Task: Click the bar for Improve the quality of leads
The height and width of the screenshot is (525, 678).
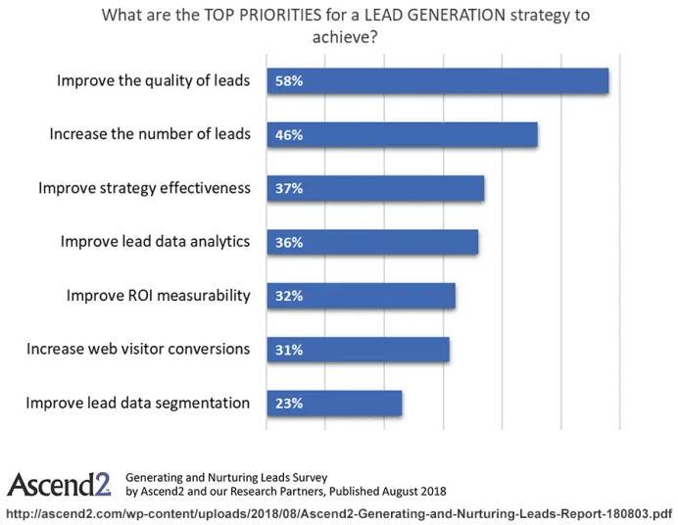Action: [x=437, y=81]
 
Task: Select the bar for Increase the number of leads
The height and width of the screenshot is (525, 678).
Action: [x=402, y=135]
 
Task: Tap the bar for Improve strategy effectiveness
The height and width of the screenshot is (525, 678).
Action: [x=375, y=188]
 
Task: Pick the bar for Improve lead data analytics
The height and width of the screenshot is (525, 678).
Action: [x=372, y=242]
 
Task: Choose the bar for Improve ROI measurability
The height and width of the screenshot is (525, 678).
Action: [x=361, y=296]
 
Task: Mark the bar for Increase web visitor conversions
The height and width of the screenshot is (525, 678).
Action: [x=358, y=349]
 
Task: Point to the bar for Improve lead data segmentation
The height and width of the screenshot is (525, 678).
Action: [x=334, y=403]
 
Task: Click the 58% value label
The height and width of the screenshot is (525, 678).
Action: [x=289, y=81]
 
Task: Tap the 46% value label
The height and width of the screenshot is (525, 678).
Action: [x=289, y=135]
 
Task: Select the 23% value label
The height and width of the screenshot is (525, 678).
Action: [x=289, y=403]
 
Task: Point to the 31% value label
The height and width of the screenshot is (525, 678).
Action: [x=289, y=349]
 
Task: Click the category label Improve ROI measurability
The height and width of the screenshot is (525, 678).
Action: [x=158, y=295]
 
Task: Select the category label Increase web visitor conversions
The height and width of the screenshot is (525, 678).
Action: [x=138, y=349]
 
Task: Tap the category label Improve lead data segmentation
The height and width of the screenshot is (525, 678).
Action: [x=137, y=403]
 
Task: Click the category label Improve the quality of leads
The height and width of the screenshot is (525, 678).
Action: [x=153, y=81]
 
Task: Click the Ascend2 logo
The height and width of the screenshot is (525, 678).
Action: [x=59, y=484]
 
